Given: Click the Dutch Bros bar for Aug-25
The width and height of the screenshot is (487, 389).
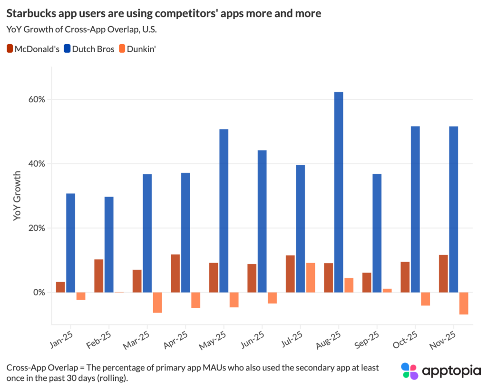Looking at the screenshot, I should pos(339,192).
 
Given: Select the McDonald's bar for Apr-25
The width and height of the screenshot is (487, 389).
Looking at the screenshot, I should pos(175,273).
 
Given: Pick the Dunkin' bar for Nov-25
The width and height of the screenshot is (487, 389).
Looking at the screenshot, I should pos(463,303).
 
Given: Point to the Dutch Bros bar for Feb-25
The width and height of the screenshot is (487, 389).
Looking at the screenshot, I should pos(109,244).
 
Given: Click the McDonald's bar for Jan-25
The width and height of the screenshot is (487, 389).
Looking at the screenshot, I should pos(60,287).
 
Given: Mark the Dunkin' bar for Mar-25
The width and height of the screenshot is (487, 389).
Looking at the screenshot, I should pos(157,302).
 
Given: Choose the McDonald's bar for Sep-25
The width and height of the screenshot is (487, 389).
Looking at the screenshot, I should pos(367,282).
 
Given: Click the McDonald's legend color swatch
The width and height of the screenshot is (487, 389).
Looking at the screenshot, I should pos(10,49).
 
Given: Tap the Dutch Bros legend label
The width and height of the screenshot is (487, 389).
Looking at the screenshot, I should pos(95,49).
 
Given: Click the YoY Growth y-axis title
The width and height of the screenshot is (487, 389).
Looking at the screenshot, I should pos(18,196).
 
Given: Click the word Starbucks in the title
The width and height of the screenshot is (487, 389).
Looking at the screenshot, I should pos(30,13).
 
